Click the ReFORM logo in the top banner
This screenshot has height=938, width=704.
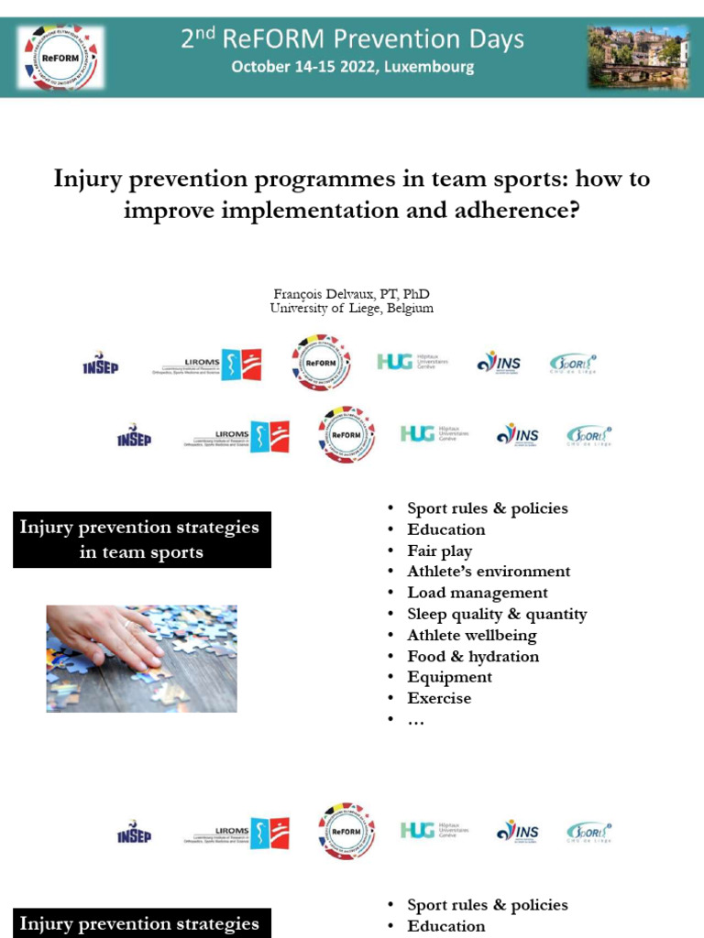pyautogui.click(x=61, y=57)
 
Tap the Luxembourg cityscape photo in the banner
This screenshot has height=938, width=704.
pyautogui.click(x=638, y=57)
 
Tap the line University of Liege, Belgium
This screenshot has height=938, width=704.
pyautogui.click(x=352, y=309)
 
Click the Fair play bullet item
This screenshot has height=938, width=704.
pyautogui.click(x=440, y=551)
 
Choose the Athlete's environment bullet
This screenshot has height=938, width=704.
pyautogui.click(x=489, y=572)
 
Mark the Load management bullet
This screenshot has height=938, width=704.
pyautogui.click(x=478, y=593)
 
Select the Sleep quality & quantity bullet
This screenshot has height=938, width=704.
pyautogui.click(x=497, y=614)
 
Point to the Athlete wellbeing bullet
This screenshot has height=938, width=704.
pyautogui.click(x=472, y=635)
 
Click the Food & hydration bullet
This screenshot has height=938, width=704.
pyautogui.click(x=473, y=656)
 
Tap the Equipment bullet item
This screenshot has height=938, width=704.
pyautogui.click(x=450, y=677)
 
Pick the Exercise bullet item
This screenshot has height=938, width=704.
pyautogui.click(x=439, y=698)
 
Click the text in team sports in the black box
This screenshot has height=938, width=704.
pyautogui.click(x=141, y=552)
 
